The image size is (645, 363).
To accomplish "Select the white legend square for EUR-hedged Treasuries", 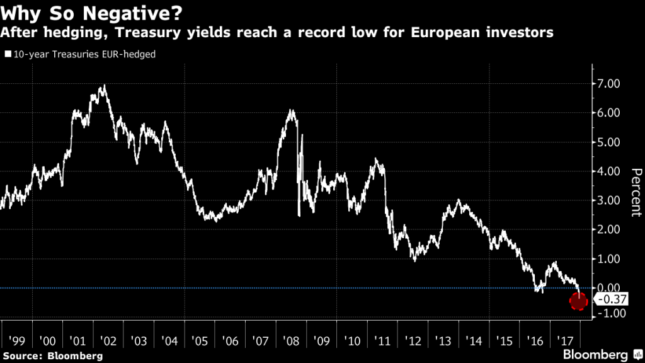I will (x=8, y=55).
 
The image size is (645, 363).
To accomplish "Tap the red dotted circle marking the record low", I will (x=578, y=302).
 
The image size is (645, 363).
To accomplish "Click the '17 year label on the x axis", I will (x=564, y=341).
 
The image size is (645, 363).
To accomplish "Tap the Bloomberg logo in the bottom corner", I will (x=598, y=353).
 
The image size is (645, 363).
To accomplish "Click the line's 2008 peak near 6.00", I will (x=291, y=111).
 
